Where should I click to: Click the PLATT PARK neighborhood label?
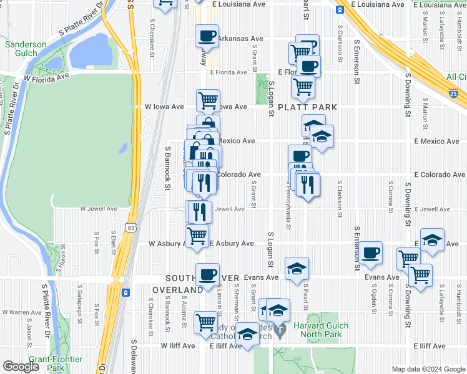coord(307,107)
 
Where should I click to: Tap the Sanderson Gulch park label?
coord(26,49)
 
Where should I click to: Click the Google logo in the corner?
coord(21,367)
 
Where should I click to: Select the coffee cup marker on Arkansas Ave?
coord(207,36)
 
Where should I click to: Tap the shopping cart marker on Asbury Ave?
coord(197,236)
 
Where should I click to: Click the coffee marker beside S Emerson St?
coord(371,252)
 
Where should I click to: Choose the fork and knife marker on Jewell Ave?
coord(200,211)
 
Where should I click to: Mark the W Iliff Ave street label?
coord(178,345)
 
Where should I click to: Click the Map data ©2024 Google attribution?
coord(427,368)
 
